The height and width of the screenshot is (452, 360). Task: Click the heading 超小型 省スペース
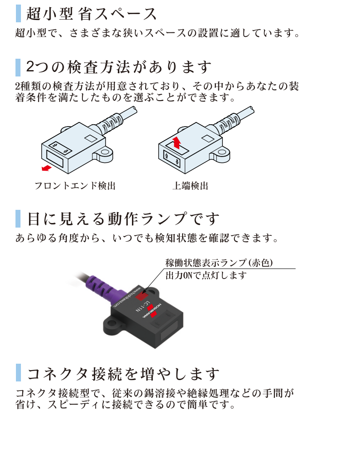coord(91,14)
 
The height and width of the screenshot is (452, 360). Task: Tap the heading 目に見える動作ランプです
coord(123,218)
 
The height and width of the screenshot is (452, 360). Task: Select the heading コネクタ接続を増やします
coord(123,374)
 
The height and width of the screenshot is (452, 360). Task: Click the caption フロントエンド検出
coord(75,186)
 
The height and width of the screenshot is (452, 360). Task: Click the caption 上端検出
coord(190,186)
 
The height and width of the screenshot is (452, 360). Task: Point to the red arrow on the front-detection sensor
coord(46,169)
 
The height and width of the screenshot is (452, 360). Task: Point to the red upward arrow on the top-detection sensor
coord(177,141)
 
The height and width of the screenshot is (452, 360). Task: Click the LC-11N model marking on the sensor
coord(142,307)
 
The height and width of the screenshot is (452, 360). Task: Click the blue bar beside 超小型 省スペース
coord(18,14)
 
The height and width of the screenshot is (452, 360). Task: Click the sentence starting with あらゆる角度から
coord(146,238)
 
